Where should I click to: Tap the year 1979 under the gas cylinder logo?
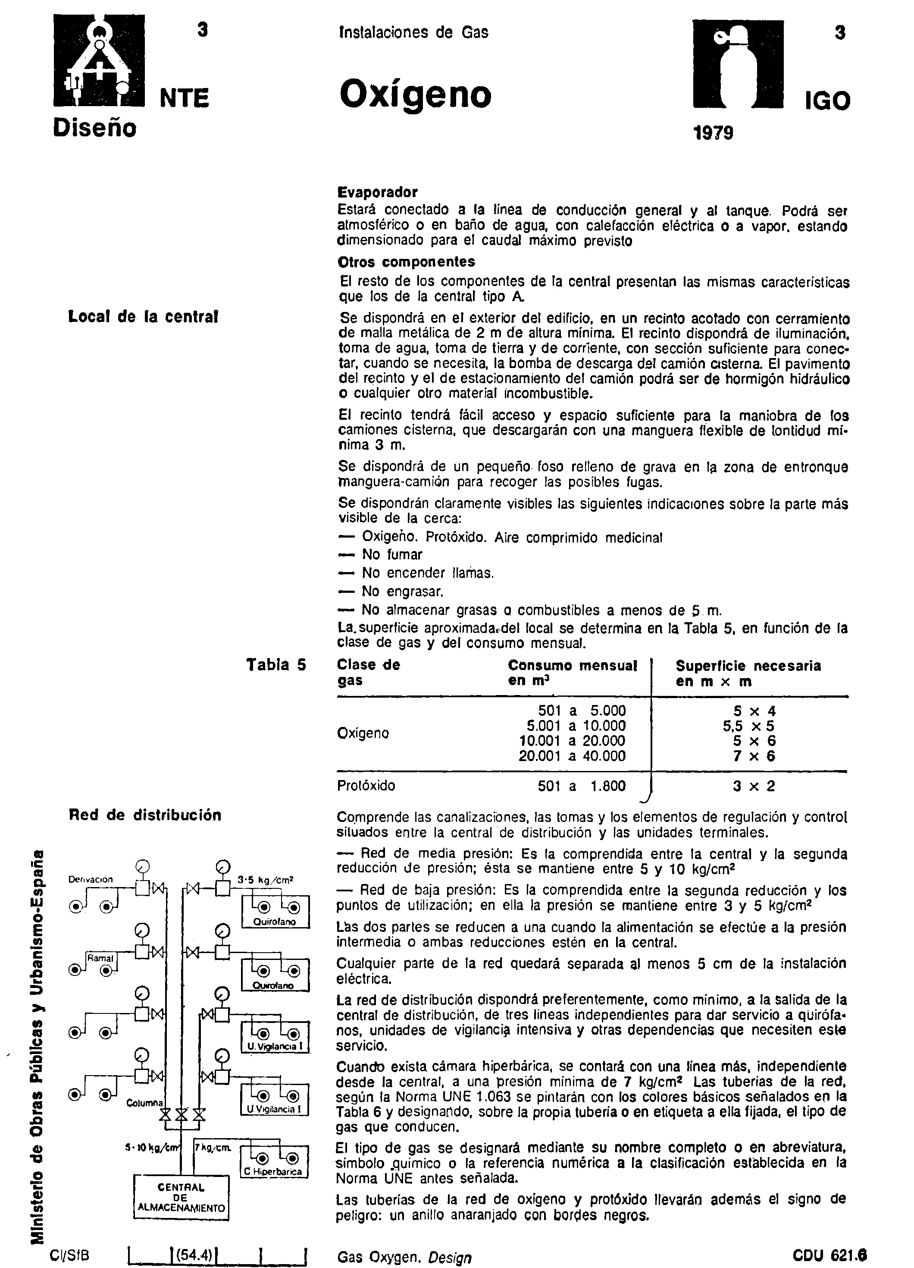coord(712,133)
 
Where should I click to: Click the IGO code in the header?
coord(827,101)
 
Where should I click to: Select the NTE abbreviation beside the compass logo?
coord(185,98)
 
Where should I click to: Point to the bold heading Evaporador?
coord(377,193)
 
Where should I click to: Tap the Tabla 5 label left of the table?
coord(276,665)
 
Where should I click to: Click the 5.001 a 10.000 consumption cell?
coord(576,726)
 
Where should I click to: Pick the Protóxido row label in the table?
coord(366,786)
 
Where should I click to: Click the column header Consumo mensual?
coord(572,666)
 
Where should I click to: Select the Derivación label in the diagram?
coord(91,879)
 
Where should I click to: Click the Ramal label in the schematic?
coord(100,958)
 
